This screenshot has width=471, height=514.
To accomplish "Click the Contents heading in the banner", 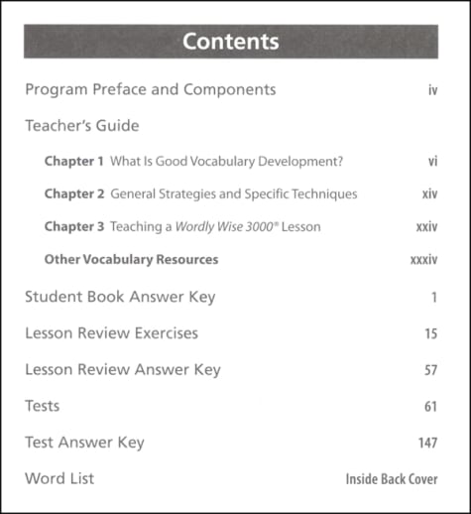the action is tap(231, 42).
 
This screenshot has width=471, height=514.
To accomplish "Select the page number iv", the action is tap(432, 90).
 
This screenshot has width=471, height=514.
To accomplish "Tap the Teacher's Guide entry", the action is tap(82, 126).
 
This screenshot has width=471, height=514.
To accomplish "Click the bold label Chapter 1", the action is tap(73, 161).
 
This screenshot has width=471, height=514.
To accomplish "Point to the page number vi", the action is tap(433, 161).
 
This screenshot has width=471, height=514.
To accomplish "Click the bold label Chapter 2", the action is tap(73, 193).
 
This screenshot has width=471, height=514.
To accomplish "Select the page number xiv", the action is tap(429, 194).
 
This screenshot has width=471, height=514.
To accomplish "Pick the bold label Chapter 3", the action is tap(73, 227).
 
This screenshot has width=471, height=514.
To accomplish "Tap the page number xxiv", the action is tap(426, 227).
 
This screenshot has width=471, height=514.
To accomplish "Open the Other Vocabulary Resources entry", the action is tap(131, 260).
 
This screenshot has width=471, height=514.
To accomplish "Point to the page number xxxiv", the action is tap(423, 261).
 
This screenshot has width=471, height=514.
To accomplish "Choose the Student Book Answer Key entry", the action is tap(120, 297).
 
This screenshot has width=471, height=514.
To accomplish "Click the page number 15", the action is tap(430, 334).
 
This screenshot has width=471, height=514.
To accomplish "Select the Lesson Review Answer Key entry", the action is tap(123, 370).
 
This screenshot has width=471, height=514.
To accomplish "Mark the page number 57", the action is tap(430, 371).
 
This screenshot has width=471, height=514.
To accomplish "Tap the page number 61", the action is tap(430, 407).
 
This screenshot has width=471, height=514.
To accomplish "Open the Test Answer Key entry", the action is tap(84, 443).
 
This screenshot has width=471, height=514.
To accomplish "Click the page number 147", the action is tap(427, 444).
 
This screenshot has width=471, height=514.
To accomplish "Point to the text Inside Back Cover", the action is tap(392, 479).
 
